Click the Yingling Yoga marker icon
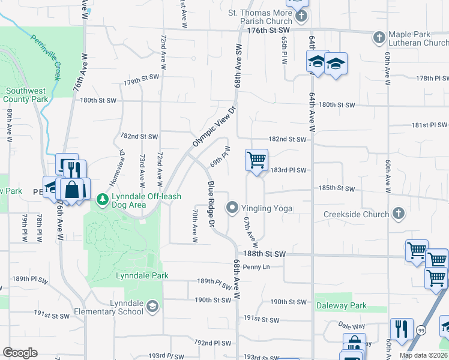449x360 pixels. (232, 208)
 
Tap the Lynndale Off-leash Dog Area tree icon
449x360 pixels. (103, 199)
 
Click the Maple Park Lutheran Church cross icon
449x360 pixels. (379, 38)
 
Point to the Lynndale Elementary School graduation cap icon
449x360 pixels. (152, 307)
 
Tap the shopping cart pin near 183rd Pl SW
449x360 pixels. (256, 160)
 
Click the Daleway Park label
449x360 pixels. (342, 305)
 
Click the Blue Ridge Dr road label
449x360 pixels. (211, 204)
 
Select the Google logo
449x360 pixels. (20, 353)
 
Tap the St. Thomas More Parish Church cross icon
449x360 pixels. (301, 16)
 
